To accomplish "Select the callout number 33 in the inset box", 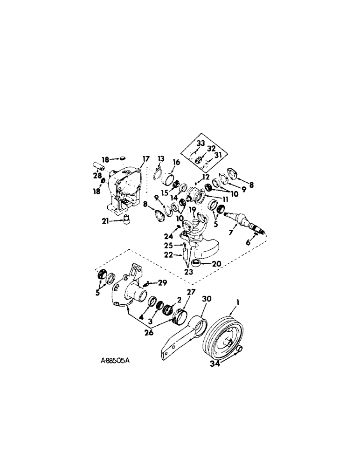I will click(x=201, y=144).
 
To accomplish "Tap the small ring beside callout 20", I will click(x=200, y=265).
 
